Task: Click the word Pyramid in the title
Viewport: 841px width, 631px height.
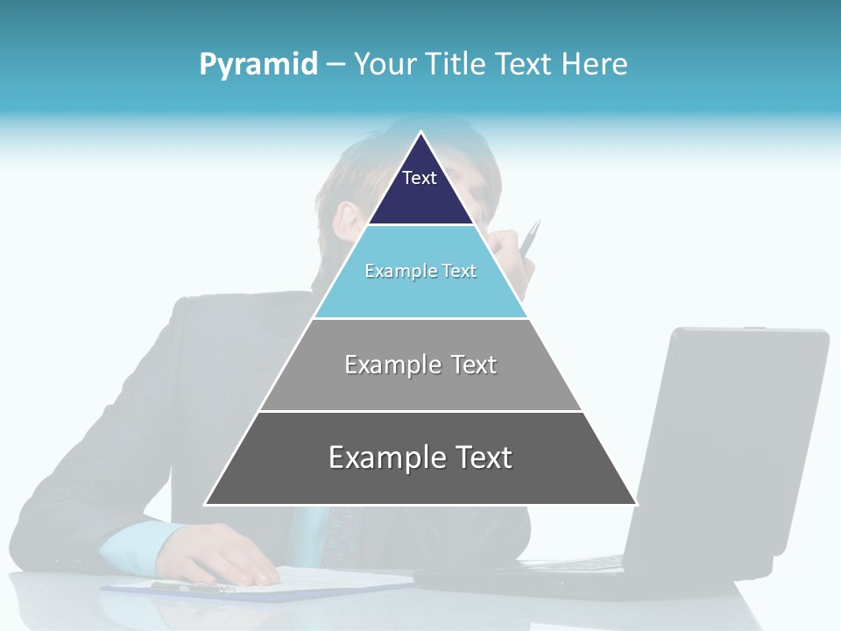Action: coord(258,65)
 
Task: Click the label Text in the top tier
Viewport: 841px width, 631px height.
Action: coord(420,178)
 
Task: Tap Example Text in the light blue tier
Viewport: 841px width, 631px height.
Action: coord(420,271)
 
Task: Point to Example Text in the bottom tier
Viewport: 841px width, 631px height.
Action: coord(420,457)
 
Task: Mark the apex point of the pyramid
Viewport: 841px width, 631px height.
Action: coord(420,132)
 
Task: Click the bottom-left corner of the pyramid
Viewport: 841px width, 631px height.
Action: coord(206,504)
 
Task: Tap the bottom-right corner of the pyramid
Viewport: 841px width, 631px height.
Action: coord(636,504)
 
